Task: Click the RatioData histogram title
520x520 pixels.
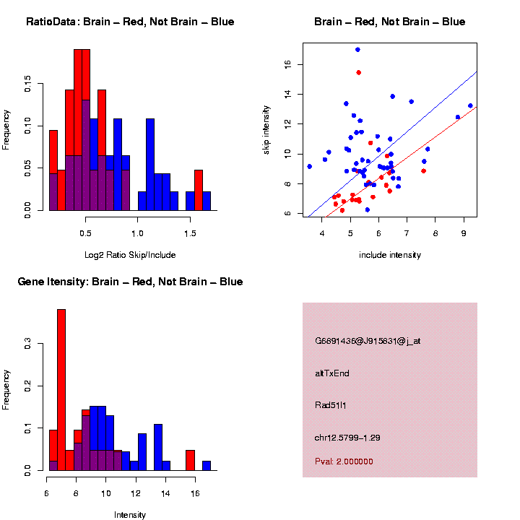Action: point(130,22)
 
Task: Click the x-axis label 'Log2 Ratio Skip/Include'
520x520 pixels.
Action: point(130,254)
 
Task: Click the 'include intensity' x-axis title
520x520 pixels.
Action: point(390,254)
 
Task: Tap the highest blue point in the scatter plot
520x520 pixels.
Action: point(357,50)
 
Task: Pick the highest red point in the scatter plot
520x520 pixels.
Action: point(358,72)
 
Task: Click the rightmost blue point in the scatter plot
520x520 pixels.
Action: point(470,105)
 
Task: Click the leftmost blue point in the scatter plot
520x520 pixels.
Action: point(309,166)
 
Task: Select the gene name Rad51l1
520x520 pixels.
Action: point(331,405)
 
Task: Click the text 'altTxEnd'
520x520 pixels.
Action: point(332,373)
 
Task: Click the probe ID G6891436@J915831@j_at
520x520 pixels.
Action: point(368,341)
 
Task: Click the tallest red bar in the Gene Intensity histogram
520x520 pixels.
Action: point(61,390)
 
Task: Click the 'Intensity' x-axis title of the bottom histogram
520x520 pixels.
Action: point(130,515)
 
